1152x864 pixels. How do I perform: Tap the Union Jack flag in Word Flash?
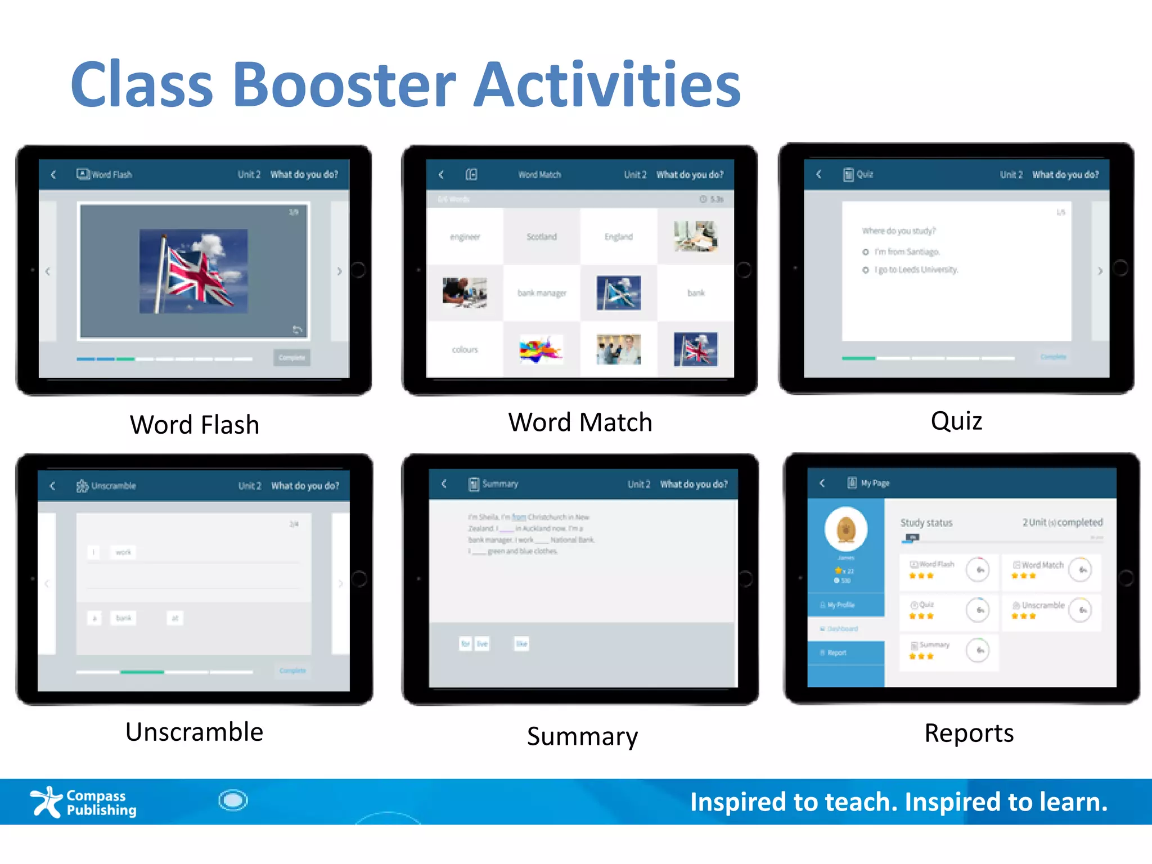pyautogui.click(x=193, y=271)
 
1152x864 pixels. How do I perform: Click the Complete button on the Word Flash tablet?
pyautogui.click(x=291, y=358)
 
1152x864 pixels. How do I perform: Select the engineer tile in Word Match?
pyautogui.click(x=465, y=237)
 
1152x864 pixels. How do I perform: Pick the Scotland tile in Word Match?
pyautogui.click(x=542, y=237)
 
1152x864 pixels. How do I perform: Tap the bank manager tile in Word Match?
pyautogui.click(x=542, y=293)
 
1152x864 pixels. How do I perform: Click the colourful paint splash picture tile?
pyautogui.click(x=541, y=349)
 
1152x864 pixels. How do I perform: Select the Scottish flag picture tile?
pyautogui.click(x=618, y=292)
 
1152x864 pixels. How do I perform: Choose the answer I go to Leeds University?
pyautogui.click(x=915, y=270)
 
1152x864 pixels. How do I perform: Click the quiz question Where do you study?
pyautogui.click(x=898, y=231)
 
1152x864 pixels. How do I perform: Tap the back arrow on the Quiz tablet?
pyautogui.click(x=819, y=174)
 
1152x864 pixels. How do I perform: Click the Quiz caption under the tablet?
pyautogui.click(x=956, y=421)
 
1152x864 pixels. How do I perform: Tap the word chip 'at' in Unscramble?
pyautogui.click(x=175, y=618)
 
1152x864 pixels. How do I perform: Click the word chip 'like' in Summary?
pyautogui.click(x=521, y=643)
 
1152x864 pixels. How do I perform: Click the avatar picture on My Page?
pyautogui.click(x=845, y=529)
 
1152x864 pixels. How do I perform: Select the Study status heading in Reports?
pyautogui.click(x=926, y=523)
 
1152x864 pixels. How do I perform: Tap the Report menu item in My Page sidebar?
pyautogui.click(x=836, y=652)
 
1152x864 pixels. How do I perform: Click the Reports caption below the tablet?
pyautogui.click(x=969, y=733)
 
